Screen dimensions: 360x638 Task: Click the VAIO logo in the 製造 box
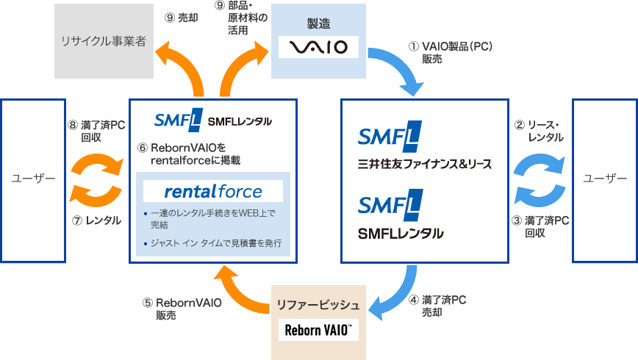[x=318, y=48]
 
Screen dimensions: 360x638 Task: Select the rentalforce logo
[x=213, y=192]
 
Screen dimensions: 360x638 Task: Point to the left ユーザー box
[x=34, y=179]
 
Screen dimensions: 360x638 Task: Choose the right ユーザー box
[x=605, y=179]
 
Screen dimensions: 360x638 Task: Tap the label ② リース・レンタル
[x=540, y=131]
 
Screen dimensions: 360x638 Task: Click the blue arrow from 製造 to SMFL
[x=399, y=73]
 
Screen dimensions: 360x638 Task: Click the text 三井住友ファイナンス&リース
[x=425, y=163]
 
